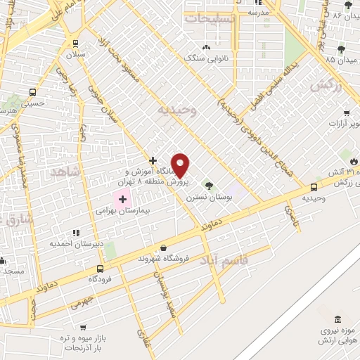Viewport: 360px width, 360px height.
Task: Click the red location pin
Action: pos(181,165)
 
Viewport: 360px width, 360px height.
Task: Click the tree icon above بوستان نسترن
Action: pos(207,185)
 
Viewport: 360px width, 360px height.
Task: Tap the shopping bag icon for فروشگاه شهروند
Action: pos(163,247)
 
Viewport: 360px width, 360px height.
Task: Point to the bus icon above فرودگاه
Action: pos(100,269)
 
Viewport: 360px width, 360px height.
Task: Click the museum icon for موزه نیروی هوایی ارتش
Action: pos(339,320)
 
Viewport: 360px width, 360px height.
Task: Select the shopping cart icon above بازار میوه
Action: pos(84,328)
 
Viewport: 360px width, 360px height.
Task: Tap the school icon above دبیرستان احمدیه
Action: pos(76,233)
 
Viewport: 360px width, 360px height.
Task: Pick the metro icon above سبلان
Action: pos(81,42)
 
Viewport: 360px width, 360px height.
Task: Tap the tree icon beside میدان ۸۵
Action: pos(341,49)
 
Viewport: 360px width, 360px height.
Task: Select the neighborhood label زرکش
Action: pos(325,85)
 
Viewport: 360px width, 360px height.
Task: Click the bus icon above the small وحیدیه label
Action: pos(314,187)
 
